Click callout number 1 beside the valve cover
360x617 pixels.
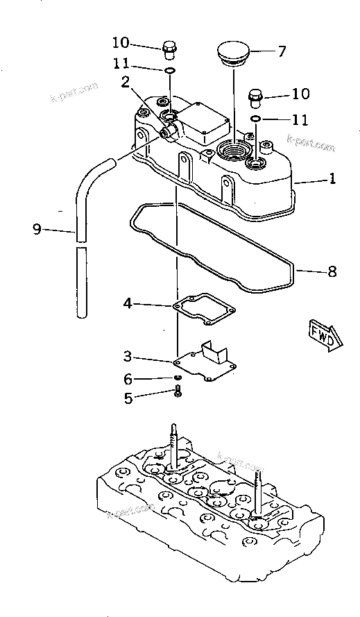click(332, 178)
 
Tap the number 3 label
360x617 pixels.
click(128, 356)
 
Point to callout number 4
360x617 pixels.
click(128, 303)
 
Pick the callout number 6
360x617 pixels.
click(128, 379)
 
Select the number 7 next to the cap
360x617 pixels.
click(282, 51)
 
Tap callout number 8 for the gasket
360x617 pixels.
click(332, 272)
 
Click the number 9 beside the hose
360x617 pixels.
click(37, 228)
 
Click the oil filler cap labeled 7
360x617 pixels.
click(232, 54)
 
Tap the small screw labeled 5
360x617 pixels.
click(178, 392)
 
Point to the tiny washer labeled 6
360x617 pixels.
click(178, 378)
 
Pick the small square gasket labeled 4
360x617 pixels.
click(204, 308)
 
